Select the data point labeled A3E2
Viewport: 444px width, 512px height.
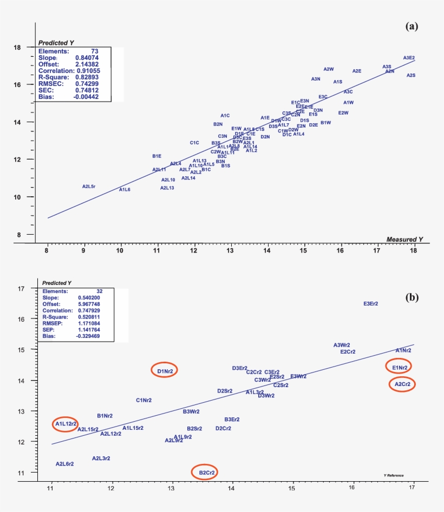click(409, 58)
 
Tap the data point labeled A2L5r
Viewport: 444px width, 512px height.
click(89, 186)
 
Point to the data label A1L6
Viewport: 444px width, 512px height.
click(125, 190)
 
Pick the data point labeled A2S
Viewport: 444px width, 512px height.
click(411, 76)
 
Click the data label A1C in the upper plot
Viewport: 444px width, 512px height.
click(225, 116)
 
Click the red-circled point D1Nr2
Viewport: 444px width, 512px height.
click(165, 371)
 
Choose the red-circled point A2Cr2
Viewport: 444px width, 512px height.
click(402, 384)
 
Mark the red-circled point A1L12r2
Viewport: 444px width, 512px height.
click(66, 424)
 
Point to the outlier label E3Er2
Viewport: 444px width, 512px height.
click(370, 304)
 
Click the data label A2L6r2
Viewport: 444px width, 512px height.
click(64, 464)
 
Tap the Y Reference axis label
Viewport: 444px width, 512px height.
click(393, 475)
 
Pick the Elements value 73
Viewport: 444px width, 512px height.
click(94, 51)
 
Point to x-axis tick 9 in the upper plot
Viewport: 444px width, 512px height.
click(83, 251)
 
